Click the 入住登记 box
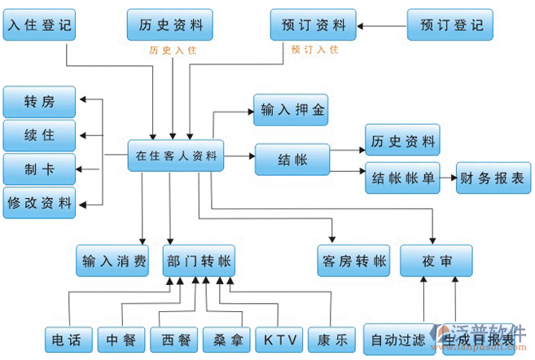coord(38,25)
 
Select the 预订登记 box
coord(449,25)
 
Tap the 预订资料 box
coord(313,25)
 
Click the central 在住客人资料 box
coord(175,156)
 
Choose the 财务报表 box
coord(493,178)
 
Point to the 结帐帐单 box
coord(401,178)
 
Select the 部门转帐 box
coord(199,261)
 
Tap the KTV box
coord(278,339)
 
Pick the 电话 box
coord(66,339)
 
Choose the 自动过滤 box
coord(397,339)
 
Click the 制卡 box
coord(38,169)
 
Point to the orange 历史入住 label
coord(173,50)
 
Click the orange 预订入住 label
coord(314,50)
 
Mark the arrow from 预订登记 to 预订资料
coord(382,26)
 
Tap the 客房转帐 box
coord(351,261)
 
